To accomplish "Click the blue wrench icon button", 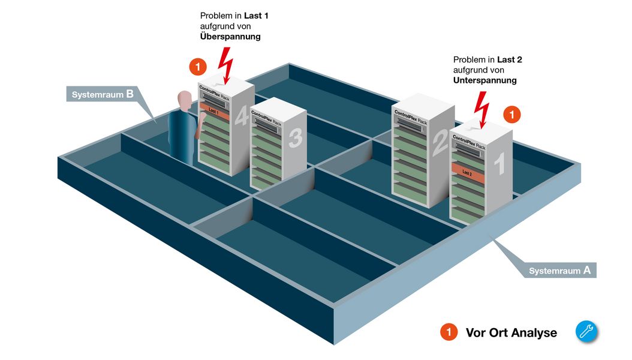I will point(586,332).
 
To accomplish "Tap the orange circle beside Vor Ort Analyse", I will point(449,332).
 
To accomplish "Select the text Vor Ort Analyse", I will point(511,332).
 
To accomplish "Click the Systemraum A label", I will point(559,271).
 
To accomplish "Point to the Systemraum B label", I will point(103,94).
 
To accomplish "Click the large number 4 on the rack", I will point(241,116).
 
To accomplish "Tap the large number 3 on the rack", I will point(294,138).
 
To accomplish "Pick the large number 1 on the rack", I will point(499,163).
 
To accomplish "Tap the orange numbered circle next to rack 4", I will point(197,66).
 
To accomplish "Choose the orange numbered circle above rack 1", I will point(511,113).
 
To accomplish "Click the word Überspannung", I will point(230,37).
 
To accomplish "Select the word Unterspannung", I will point(484,80).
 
